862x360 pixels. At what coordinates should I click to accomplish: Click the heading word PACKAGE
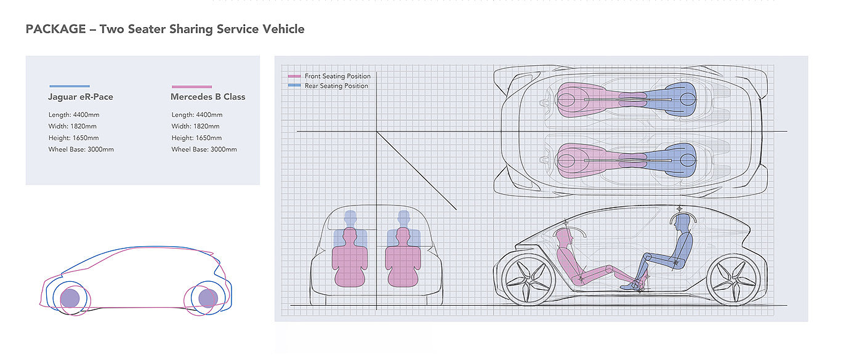tap(55, 29)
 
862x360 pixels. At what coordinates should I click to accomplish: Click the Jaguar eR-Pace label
tap(80, 97)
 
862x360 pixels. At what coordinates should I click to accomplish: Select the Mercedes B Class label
tap(207, 97)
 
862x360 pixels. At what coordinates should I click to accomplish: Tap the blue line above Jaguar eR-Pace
tap(69, 86)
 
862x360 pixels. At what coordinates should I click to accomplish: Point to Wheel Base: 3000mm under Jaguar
tap(81, 150)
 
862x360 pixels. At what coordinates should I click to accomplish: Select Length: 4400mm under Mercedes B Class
tap(196, 114)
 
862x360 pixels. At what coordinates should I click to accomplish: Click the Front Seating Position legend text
tap(337, 76)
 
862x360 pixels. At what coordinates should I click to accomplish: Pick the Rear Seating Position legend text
tap(336, 86)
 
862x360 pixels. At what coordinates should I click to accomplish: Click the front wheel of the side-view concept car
tap(527, 281)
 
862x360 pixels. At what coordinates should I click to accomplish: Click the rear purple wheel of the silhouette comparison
tap(208, 298)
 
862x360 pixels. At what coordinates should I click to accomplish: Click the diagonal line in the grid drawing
tap(416, 170)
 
